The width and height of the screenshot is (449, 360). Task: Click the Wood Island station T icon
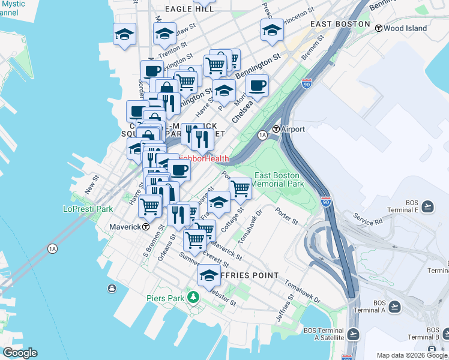tap(378, 28)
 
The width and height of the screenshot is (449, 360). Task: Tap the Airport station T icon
tap(276, 129)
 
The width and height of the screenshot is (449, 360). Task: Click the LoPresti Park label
tap(88, 209)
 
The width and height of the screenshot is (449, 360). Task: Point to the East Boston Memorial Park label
tap(279, 179)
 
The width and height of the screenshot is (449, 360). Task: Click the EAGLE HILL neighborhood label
tap(190, 9)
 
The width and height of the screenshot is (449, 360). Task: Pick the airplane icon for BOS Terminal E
tap(427, 206)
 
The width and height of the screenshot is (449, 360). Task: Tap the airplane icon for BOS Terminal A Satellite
tap(353, 334)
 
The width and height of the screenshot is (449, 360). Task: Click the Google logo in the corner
tap(19, 353)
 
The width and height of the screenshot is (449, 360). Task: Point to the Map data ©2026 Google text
tap(411, 356)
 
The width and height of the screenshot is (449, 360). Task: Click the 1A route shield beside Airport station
tap(262, 136)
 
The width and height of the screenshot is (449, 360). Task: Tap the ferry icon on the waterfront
tap(112, 289)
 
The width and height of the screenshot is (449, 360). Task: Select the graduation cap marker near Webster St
tap(209, 276)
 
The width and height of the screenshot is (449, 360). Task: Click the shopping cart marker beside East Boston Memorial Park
tap(240, 188)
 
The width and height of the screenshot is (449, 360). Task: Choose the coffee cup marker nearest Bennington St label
tap(258, 85)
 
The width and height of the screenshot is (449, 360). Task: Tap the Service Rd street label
tap(367, 218)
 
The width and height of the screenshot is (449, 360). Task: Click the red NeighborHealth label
tap(203, 159)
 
